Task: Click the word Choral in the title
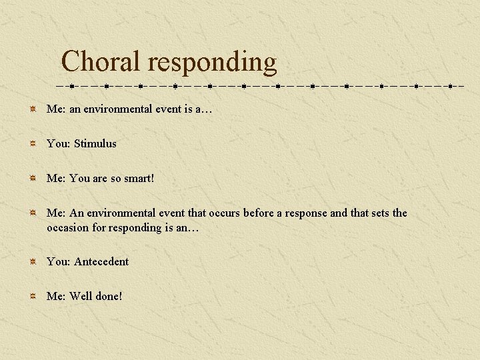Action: click(101, 62)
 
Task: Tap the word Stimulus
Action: click(95, 143)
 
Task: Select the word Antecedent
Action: click(101, 261)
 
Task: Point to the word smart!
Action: click(139, 178)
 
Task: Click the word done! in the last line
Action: click(109, 296)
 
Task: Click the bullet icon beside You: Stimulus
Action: click(33, 143)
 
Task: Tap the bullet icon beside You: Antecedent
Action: click(33, 261)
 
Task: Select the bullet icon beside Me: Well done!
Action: click(33, 296)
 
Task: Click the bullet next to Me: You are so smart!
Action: click(33, 178)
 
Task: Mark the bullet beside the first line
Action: click(33, 109)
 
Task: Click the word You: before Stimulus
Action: click(59, 143)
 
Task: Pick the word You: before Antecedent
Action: click(59, 261)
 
